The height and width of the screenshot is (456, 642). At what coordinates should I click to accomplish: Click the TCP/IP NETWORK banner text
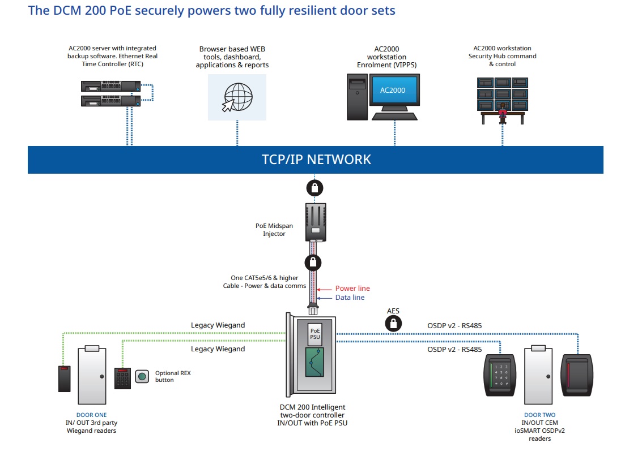(x=316, y=160)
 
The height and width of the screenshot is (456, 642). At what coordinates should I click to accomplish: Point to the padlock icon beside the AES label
(x=392, y=324)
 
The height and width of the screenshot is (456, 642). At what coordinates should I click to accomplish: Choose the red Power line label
(x=352, y=289)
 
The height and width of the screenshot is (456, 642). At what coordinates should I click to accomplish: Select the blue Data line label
(x=350, y=298)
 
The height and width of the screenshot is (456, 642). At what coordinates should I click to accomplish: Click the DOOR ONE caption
(x=92, y=415)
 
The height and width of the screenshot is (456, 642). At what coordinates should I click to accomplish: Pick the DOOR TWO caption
(x=540, y=415)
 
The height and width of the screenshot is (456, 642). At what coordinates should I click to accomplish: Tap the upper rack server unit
(x=110, y=87)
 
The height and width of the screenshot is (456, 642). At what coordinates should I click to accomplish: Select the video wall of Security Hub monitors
(x=502, y=94)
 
